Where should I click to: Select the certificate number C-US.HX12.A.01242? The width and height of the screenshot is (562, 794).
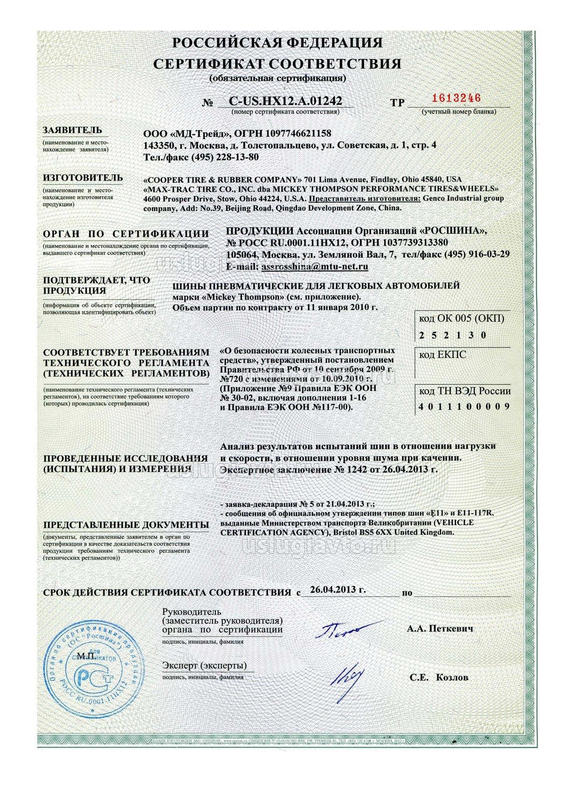click(285, 101)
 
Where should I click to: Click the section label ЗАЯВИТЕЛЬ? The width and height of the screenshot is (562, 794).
click(72, 130)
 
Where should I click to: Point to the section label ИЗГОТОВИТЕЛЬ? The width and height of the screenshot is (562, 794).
click(83, 178)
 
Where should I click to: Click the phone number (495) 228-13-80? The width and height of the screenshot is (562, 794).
click(224, 157)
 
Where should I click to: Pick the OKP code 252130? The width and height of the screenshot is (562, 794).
click(452, 335)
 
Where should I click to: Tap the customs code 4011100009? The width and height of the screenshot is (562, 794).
click(464, 406)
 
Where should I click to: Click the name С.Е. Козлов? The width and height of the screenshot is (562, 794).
click(438, 677)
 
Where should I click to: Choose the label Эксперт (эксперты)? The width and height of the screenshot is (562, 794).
click(204, 665)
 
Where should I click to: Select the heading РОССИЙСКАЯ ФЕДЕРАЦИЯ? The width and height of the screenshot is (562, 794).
click(277, 43)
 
